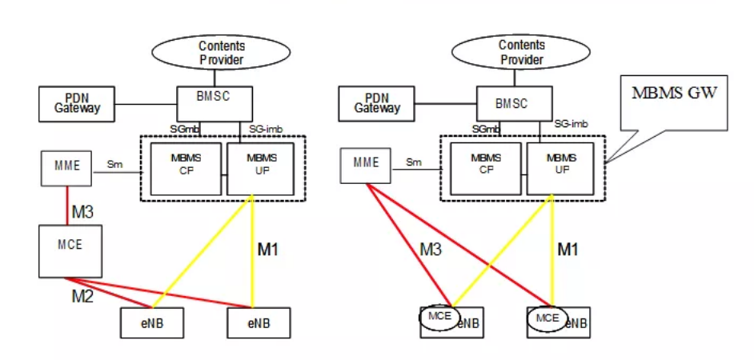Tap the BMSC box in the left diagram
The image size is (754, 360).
[215, 103]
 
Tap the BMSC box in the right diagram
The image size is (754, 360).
[513, 104]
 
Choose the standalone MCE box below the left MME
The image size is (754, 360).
[71, 250]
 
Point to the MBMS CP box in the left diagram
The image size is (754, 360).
[186, 164]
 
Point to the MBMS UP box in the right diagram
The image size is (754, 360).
[559, 165]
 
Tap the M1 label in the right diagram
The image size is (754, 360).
[568, 250]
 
